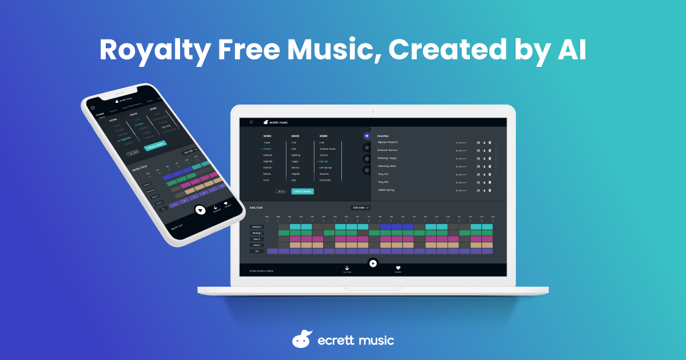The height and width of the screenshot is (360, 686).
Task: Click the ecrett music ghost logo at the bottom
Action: (302, 339)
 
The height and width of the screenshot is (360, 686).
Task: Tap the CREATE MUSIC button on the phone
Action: (156, 146)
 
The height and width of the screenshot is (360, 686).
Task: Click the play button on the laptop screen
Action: (373, 263)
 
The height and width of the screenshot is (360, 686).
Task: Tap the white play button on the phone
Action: (200, 210)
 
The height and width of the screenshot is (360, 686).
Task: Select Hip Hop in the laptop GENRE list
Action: (324, 161)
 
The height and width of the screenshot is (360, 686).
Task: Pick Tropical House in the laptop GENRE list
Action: (328, 149)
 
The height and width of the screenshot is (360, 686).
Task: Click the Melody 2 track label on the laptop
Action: (257, 227)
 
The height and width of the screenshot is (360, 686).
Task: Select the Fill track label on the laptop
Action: (257, 251)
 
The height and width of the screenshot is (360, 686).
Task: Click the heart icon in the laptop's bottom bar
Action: (398, 267)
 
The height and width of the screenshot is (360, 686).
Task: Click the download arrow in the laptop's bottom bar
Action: (347, 267)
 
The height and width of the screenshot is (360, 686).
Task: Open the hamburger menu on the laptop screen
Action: (251, 122)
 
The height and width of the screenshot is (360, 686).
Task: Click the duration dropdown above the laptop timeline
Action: (360, 207)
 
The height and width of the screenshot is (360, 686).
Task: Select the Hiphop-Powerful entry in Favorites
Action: (388, 142)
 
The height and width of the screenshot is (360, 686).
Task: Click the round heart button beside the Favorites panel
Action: (366, 136)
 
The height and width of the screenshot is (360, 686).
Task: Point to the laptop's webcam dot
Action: (373, 111)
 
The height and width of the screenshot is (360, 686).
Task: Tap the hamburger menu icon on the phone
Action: (93, 107)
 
